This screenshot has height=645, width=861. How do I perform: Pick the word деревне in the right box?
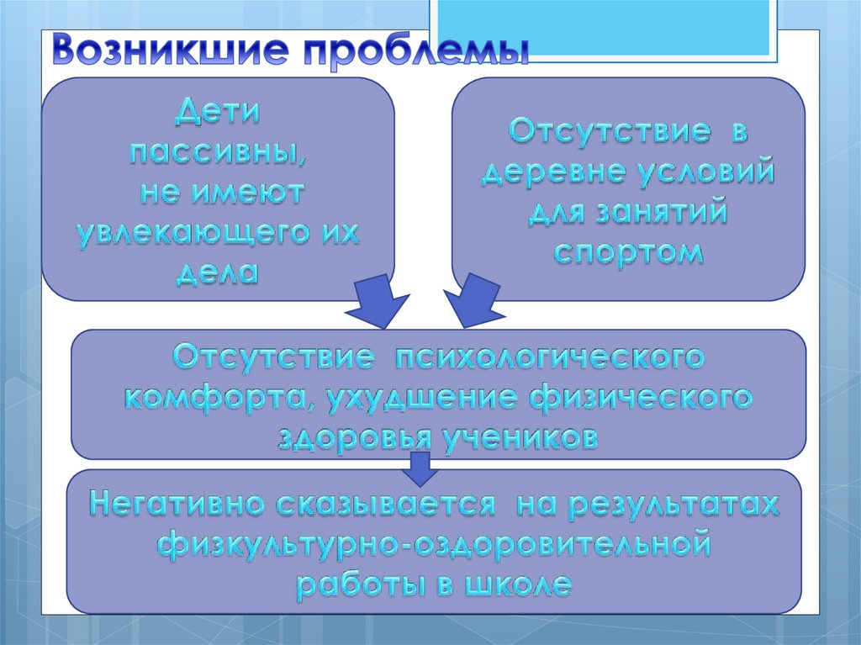click(549, 173)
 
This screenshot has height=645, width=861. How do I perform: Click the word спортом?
click(628, 252)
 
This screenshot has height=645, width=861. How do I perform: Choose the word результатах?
click(666, 505)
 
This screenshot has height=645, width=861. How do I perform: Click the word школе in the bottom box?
click(518, 584)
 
